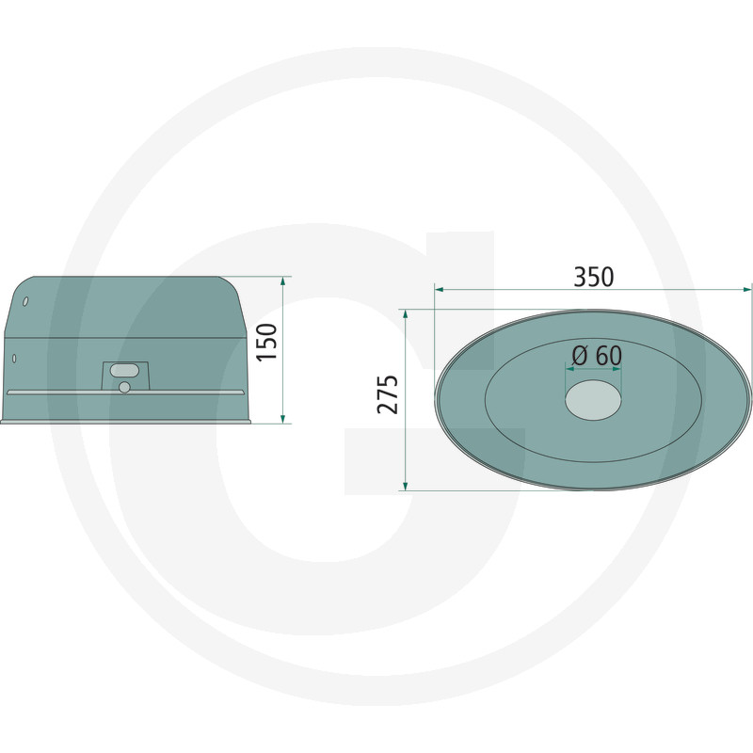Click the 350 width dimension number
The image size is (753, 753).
click(593, 277)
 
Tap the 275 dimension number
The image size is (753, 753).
click(388, 394)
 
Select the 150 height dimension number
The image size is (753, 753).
click(267, 342)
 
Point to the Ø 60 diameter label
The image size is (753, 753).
click(596, 356)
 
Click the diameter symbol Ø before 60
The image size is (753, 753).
click(580, 356)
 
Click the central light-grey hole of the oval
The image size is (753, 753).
click(593, 401)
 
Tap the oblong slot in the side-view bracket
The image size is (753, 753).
click(124, 371)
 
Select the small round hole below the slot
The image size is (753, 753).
click(124, 387)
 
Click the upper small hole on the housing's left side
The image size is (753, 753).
click(25, 302)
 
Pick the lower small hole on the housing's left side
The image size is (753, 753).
click(14, 358)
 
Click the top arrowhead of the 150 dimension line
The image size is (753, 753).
click(282, 280)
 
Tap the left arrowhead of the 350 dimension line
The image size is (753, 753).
click(440, 289)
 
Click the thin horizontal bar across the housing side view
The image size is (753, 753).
click(125, 392)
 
